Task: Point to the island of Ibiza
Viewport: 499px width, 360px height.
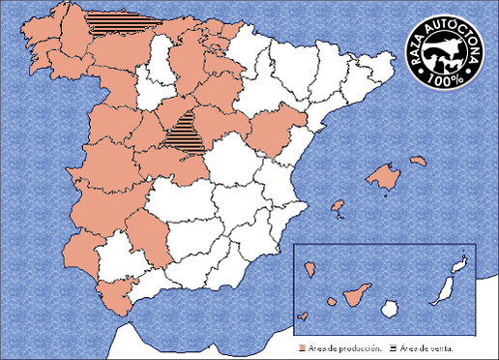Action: click(x=338, y=206)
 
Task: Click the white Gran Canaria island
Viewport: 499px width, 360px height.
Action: click(x=389, y=309)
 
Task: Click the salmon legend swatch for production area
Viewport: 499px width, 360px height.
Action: click(x=302, y=345)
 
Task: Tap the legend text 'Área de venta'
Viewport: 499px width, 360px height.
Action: click(x=426, y=345)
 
